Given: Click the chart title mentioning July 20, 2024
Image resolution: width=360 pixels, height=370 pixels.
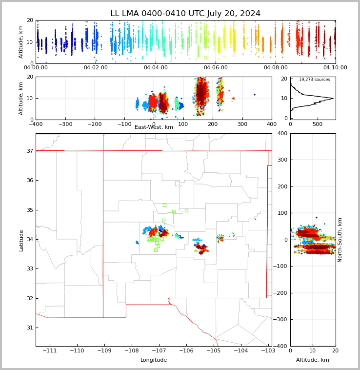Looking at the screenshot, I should coord(185,14).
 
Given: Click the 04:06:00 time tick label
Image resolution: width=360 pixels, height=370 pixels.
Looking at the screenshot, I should coord(216,68).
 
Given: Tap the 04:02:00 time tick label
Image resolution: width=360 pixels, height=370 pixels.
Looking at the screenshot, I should coord(96,68).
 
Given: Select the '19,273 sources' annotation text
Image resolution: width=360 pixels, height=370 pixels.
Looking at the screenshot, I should coord(314,80).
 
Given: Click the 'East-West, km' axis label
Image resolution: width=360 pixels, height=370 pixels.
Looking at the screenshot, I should coord(154,127).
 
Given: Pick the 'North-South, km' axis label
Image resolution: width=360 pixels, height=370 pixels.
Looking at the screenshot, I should coord(340,240).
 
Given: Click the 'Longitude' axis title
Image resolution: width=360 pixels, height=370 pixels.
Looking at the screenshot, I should coord(154,360).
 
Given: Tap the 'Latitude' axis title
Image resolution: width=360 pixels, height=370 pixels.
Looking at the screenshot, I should coord(21,240).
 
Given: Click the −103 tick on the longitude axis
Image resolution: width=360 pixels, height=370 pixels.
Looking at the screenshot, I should coord(268,351).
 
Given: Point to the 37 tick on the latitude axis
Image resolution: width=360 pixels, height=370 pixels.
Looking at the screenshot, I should coord(29,151).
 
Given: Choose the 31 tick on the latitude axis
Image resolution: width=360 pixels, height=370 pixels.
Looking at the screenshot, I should coord(29,328).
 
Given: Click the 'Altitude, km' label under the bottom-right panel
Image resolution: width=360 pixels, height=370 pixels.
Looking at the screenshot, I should coord(313,360).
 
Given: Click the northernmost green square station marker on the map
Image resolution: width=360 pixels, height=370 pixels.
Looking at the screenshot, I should coord(164,205).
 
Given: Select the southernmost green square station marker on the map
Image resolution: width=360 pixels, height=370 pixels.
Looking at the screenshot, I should coord(156,250).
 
